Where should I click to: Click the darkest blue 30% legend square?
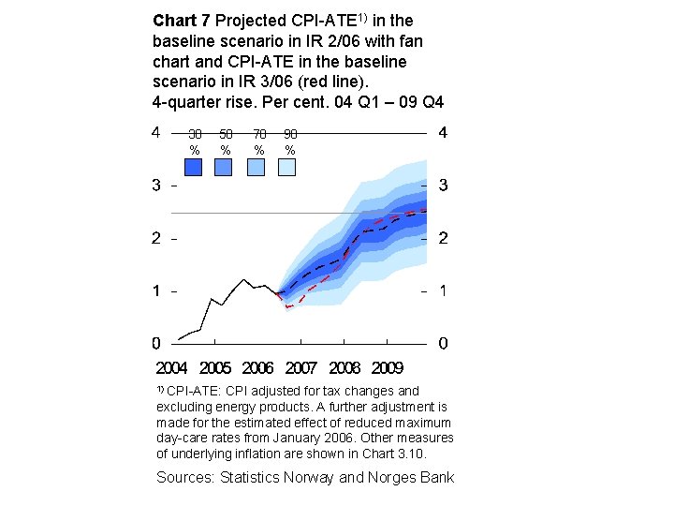tap(194, 167)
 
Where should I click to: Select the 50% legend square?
tap(224, 167)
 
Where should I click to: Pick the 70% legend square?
tap(256, 167)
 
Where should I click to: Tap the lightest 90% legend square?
tap(286, 167)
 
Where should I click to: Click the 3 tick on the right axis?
tap(443, 186)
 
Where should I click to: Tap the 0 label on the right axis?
tap(443, 343)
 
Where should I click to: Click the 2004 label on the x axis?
tap(171, 368)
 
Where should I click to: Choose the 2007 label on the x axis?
tap(300, 368)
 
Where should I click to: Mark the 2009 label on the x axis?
tap(387, 368)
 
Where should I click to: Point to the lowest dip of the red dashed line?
tap(288, 307)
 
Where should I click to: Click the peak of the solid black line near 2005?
tap(244, 279)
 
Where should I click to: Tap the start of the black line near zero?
tap(179, 339)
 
